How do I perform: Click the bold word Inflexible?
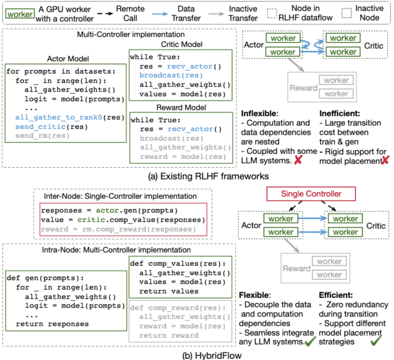point(259,114)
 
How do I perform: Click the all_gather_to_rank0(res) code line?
point(62,117)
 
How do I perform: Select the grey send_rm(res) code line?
point(38,135)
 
